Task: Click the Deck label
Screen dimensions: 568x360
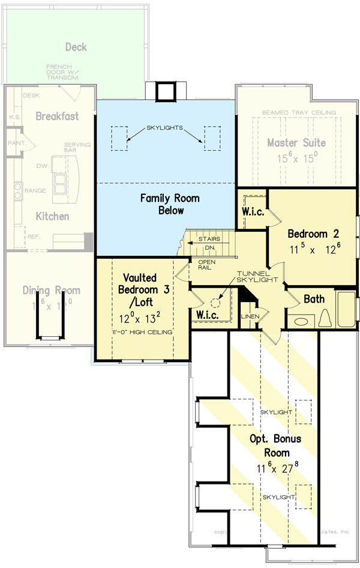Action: [x=76, y=47]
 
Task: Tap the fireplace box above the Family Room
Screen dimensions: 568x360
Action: [x=164, y=91]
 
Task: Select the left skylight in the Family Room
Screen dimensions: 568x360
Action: [x=120, y=137]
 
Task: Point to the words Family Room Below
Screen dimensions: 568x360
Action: [x=170, y=204]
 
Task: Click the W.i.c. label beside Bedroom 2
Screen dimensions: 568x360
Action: [x=253, y=212]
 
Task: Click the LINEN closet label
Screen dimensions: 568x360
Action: [x=249, y=316]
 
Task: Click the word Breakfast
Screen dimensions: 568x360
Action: [x=57, y=116]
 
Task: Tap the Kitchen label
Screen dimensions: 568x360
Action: [x=52, y=216]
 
